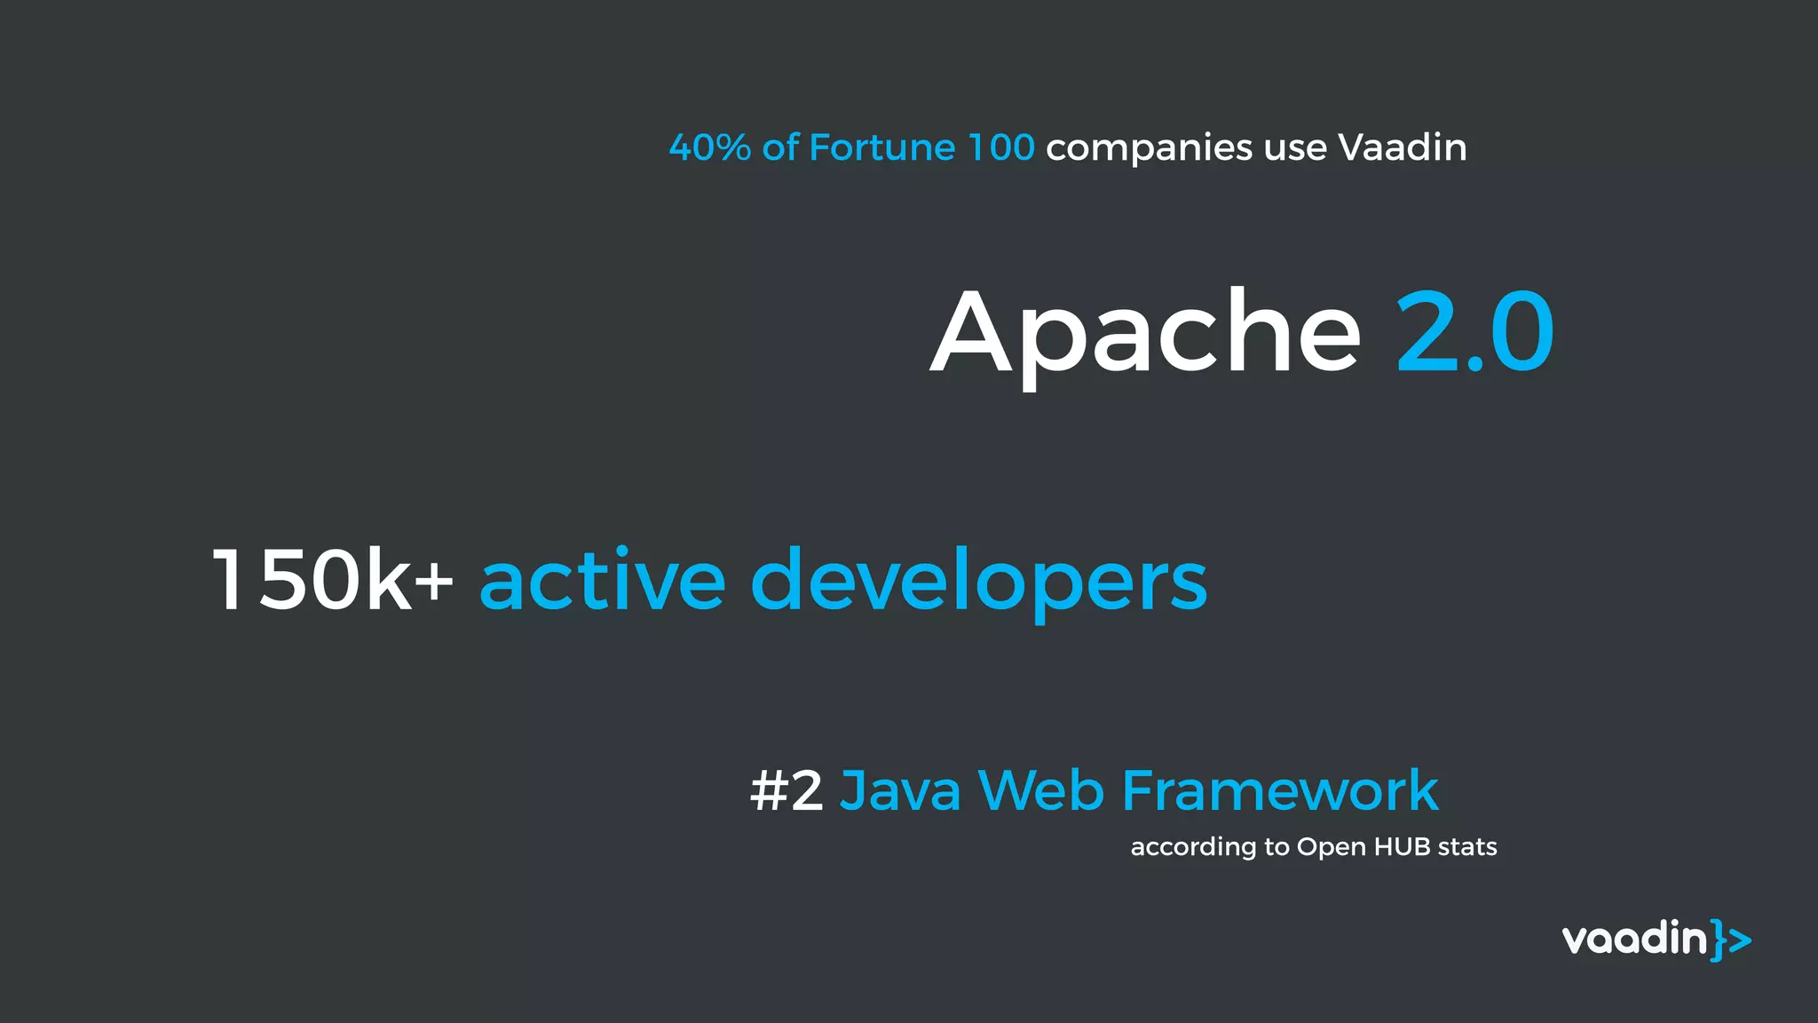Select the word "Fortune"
point(882,147)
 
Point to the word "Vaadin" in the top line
point(1402,147)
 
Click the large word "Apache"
point(1145,333)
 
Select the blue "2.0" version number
point(1474,333)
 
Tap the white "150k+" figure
point(333,580)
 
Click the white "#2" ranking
point(786,790)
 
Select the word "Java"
point(900,790)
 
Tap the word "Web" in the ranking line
point(1041,790)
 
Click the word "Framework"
point(1280,790)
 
